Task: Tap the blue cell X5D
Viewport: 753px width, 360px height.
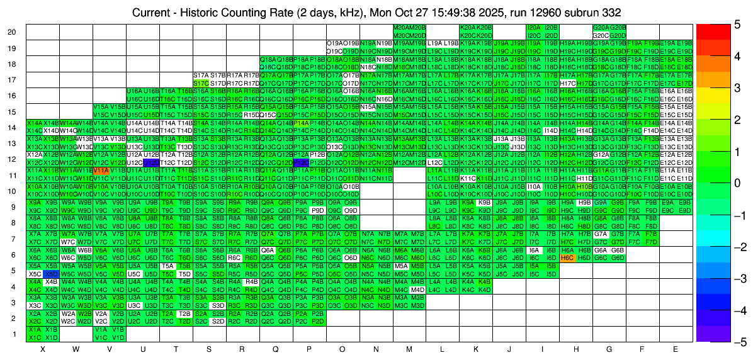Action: tap(51, 274)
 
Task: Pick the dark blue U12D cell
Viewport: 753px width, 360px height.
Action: tap(151, 162)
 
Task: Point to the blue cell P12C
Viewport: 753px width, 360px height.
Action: tap(301, 162)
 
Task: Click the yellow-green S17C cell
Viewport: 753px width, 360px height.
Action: tap(201, 82)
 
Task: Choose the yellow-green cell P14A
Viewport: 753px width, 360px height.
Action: tap(301, 123)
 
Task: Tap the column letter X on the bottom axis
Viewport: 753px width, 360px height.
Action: tap(42, 349)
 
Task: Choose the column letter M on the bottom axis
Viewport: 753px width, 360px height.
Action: tap(409, 349)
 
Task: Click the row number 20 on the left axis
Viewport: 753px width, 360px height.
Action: tap(12, 32)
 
